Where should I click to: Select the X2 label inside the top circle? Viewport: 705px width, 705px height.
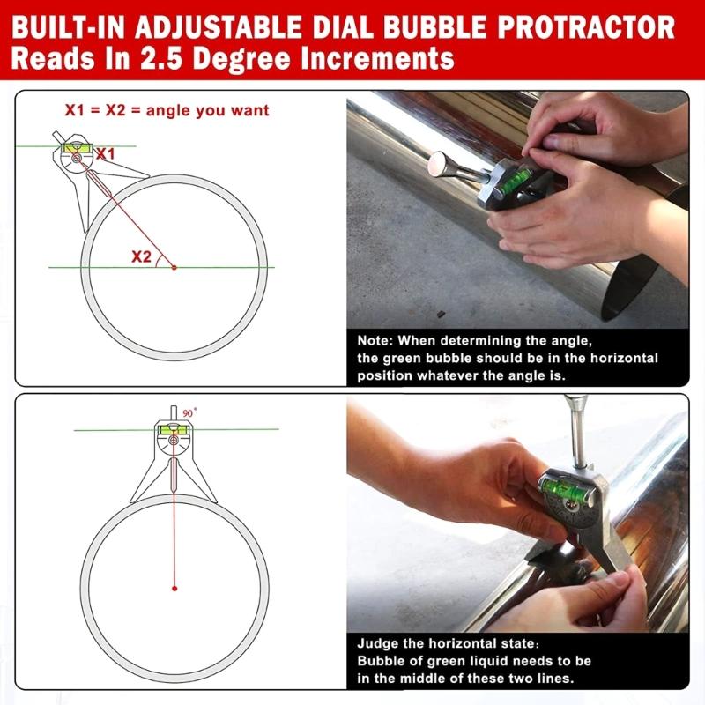[x=141, y=256]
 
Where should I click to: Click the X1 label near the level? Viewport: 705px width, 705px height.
[x=106, y=153]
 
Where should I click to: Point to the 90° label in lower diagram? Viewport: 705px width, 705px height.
[x=189, y=412]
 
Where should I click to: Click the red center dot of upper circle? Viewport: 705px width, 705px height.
[x=174, y=266]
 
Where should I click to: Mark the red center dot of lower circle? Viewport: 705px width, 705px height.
[x=174, y=588]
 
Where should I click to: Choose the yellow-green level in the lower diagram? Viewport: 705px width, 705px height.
[x=174, y=429]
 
